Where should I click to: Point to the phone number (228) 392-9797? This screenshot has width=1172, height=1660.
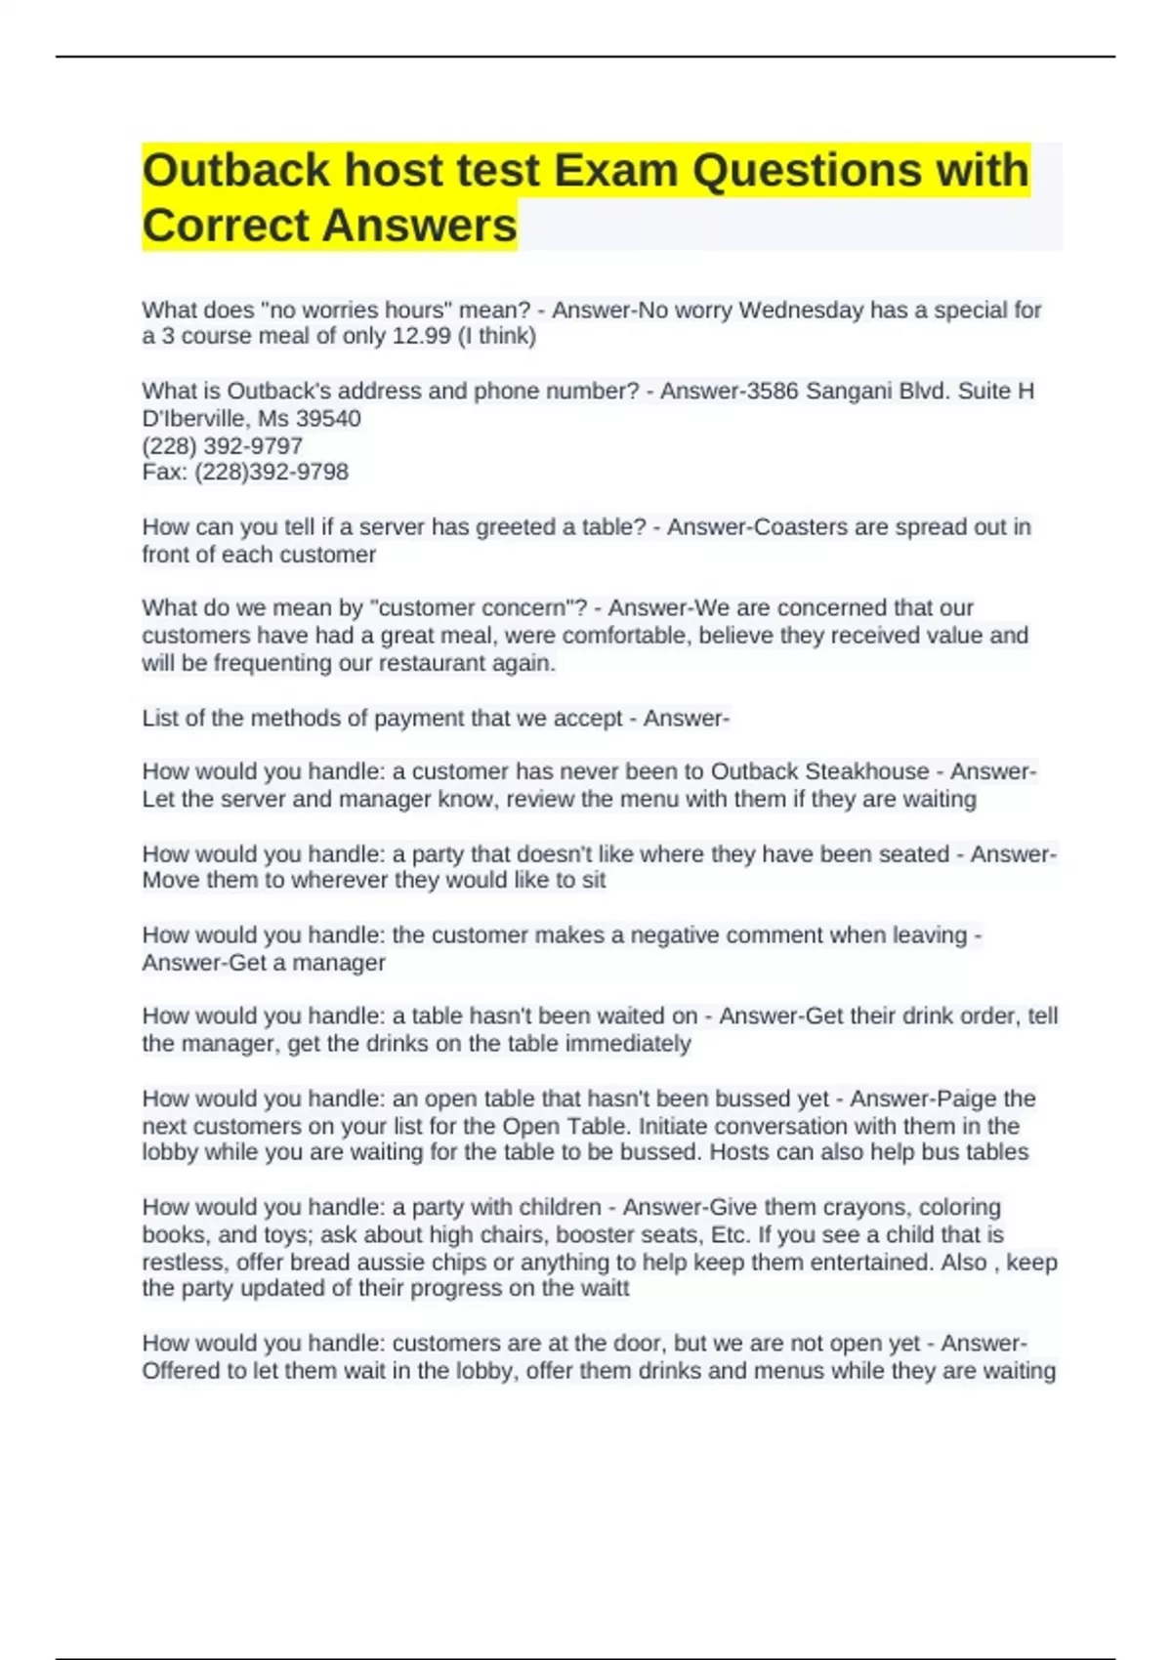pyautogui.click(x=222, y=446)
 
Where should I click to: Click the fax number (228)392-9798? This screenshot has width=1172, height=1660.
pyautogui.click(x=272, y=473)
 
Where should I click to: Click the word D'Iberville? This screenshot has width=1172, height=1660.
pyautogui.click(x=196, y=419)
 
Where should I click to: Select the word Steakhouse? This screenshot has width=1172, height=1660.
pyautogui.click(x=870, y=771)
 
